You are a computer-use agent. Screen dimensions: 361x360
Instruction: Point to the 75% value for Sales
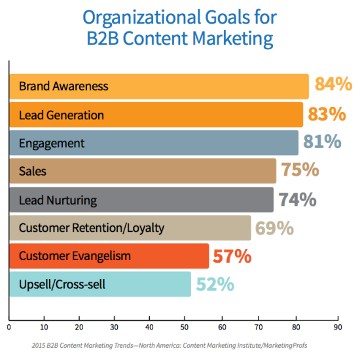coord(299,170)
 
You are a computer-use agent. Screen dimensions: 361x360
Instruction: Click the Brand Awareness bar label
coord(63,86)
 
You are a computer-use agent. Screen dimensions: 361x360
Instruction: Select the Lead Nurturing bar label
coord(58,200)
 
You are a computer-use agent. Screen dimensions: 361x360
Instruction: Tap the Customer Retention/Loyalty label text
coord(91,228)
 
